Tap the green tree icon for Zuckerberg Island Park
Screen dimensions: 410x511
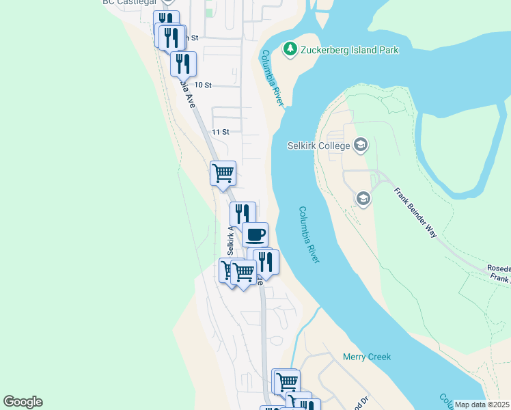[290, 49]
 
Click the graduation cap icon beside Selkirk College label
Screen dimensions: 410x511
[361, 145]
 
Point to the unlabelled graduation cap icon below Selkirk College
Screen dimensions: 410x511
[363, 198]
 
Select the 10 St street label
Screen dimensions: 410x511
[204, 85]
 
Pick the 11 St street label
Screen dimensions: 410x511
[219, 131]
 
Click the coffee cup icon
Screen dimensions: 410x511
[255, 234]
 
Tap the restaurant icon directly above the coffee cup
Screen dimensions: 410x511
[243, 213]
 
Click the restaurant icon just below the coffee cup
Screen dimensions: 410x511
[266, 261]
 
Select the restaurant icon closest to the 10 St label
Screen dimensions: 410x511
[183, 63]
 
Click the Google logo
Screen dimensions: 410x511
[23, 402]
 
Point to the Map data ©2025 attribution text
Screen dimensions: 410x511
[482, 405]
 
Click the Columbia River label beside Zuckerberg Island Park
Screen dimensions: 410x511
[271, 77]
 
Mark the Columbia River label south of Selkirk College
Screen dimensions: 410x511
[314, 235]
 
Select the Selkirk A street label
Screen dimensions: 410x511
[231, 241]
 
